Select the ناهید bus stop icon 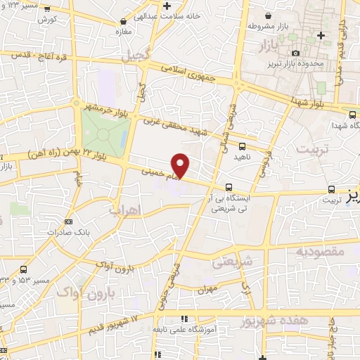coord(243,146)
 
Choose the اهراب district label coord(127,210)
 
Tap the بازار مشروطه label coord(264,25)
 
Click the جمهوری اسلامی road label coord(191,73)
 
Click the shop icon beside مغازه coord(124,22)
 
